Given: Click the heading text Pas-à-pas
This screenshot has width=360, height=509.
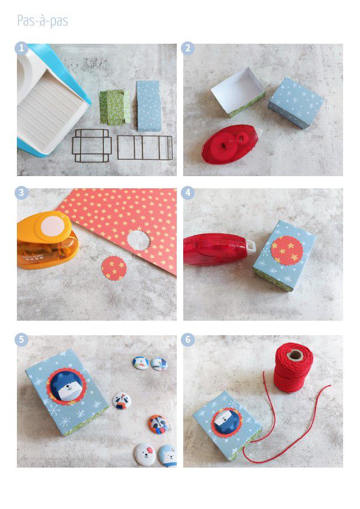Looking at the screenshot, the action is tap(43, 21).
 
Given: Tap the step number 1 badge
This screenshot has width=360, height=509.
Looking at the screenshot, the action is tap(22, 48).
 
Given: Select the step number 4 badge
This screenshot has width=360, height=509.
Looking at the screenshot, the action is tap(188, 193).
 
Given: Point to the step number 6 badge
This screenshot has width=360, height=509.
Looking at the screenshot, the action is tap(188, 340).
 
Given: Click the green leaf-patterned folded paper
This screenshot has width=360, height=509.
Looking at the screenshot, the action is tap(115, 107).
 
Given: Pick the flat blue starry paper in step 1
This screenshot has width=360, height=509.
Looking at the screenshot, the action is tap(149, 106).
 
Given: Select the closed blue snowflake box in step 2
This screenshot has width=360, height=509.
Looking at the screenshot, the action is tap(296, 103).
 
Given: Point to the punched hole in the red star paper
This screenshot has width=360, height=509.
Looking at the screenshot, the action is tap(139, 240).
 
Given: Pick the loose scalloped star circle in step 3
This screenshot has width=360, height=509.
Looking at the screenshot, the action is tap(114, 268).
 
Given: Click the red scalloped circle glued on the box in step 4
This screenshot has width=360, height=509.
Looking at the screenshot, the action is tap(287, 251).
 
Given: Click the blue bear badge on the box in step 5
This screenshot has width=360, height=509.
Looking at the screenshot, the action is tap(67, 387).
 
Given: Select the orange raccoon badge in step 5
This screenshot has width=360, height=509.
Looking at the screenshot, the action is tap(158, 424).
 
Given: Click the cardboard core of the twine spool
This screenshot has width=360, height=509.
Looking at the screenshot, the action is tap(295, 355).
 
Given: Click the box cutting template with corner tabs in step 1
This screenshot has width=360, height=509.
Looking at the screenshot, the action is tap(92, 145).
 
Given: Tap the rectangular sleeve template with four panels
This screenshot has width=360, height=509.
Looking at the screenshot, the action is tap(145, 148).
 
